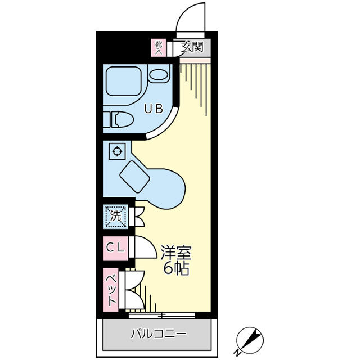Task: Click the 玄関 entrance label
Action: tap(192, 47)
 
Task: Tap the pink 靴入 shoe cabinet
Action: tap(159, 48)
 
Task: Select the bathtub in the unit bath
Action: tap(124, 81)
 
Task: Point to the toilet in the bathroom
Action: tap(119, 119)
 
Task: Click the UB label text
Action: tap(154, 109)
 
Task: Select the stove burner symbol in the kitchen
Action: tap(117, 151)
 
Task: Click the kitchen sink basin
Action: tap(135, 177)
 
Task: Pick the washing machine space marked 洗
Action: tap(115, 216)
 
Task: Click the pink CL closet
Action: tap(115, 249)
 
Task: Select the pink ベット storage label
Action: tap(111, 290)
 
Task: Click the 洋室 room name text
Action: tap(175, 253)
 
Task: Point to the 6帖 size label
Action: tap(176, 268)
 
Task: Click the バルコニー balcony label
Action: tap(159, 334)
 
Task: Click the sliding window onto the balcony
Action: tap(162, 315)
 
